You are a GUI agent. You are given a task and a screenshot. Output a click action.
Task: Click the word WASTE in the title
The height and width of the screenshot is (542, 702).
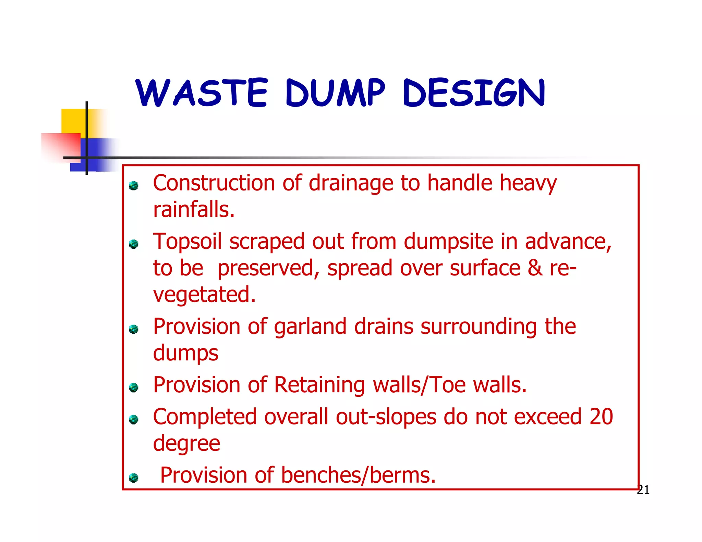[x=201, y=93]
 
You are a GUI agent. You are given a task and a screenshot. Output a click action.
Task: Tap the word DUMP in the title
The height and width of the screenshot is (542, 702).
[x=335, y=93]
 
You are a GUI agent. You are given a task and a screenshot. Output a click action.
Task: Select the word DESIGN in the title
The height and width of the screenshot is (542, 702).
[x=474, y=93]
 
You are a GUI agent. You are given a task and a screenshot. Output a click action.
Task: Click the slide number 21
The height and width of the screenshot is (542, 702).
[x=643, y=490]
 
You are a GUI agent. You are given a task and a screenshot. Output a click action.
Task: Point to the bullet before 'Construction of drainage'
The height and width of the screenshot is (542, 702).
[x=133, y=186]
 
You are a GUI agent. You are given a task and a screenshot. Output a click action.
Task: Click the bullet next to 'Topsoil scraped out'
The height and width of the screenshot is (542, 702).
[x=133, y=244]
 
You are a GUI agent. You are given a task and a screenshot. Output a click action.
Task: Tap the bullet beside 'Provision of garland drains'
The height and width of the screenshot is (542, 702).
[x=133, y=329]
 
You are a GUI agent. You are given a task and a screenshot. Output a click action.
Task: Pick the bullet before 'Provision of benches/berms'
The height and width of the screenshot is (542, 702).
[x=133, y=478]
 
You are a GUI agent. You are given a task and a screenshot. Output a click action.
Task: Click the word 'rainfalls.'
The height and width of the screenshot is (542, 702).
[x=194, y=209]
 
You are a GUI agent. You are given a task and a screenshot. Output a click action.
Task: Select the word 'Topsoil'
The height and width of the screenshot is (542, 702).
[x=187, y=242]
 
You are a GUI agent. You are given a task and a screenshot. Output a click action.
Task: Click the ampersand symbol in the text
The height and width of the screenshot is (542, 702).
[x=535, y=268]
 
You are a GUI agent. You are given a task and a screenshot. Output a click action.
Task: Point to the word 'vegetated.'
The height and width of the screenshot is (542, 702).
[x=204, y=295]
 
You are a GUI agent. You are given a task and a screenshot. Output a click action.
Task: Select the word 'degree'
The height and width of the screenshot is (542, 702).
[x=186, y=444]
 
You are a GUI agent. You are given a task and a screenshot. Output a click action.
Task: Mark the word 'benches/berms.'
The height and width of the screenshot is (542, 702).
[x=358, y=476]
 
